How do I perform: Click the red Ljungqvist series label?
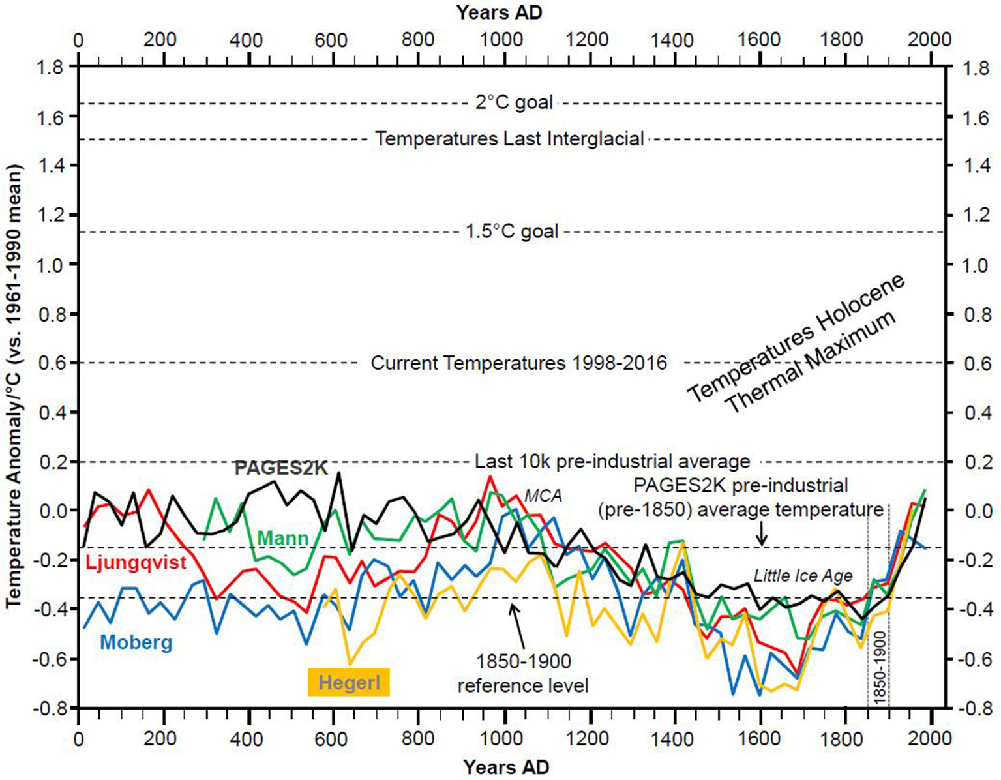click(136, 563)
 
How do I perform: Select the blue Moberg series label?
click(136, 642)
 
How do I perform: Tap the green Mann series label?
click(282, 538)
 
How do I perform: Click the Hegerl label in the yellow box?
click(349, 683)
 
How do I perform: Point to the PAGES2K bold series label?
click(281, 468)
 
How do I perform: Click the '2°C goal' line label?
click(514, 103)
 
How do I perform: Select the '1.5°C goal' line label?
click(512, 232)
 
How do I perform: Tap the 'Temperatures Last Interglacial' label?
click(509, 139)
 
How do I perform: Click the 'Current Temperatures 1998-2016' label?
click(518, 363)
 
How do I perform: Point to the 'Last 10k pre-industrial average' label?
click(612, 462)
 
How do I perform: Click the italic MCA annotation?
click(544, 496)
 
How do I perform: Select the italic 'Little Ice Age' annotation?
click(803, 576)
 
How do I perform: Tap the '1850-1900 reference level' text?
click(523, 674)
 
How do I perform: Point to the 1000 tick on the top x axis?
click(501, 39)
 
